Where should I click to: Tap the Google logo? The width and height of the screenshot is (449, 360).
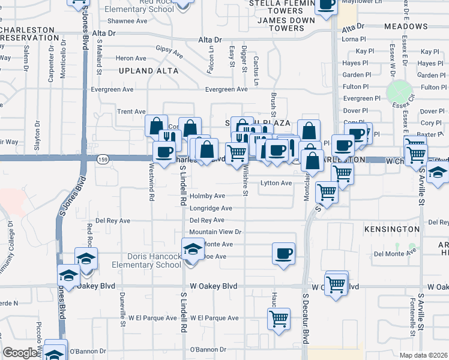(x=20, y=353)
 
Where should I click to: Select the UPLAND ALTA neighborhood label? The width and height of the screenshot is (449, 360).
(x=149, y=71)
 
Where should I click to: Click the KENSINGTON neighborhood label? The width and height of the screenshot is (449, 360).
(x=392, y=229)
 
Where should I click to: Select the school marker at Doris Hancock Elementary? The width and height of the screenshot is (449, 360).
(x=193, y=248)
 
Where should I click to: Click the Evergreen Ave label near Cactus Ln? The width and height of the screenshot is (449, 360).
(x=226, y=89)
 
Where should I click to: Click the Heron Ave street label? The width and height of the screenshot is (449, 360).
(x=131, y=58)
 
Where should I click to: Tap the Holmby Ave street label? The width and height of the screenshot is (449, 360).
(x=207, y=196)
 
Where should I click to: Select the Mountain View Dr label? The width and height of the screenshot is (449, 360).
(x=215, y=232)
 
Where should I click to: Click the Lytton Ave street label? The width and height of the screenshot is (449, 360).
(x=276, y=183)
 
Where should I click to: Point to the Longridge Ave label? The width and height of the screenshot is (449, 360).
(x=211, y=208)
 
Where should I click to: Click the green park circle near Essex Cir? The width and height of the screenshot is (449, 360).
(x=396, y=91)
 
